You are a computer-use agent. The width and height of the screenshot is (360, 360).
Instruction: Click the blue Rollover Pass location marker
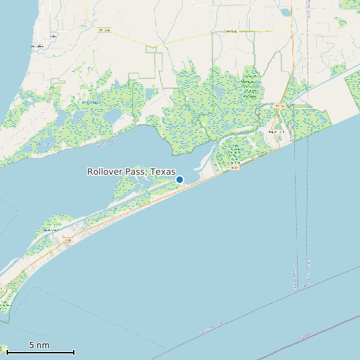(x=179, y=179)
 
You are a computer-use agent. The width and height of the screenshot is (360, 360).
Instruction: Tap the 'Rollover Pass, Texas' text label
(x=132, y=171)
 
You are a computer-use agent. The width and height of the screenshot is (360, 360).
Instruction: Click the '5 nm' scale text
(x=39, y=345)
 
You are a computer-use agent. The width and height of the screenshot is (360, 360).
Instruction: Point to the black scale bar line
(x=40, y=352)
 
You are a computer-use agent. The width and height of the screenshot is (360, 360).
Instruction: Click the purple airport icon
(x=54, y=36)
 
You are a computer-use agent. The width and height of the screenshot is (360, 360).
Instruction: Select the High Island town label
(x=276, y=132)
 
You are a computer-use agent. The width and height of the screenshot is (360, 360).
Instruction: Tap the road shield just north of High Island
(x=281, y=106)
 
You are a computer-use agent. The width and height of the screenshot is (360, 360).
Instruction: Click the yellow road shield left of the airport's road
(x=102, y=30)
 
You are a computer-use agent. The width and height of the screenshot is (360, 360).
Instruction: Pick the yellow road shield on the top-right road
(x=230, y=31)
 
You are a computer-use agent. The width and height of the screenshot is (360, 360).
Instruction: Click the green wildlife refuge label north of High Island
(x=250, y=86)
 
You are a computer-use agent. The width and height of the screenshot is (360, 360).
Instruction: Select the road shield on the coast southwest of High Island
(x=234, y=168)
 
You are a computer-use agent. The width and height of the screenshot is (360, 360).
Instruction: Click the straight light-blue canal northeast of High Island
(x=325, y=93)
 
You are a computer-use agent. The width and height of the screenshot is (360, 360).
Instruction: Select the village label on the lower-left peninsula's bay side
(x=48, y=230)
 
